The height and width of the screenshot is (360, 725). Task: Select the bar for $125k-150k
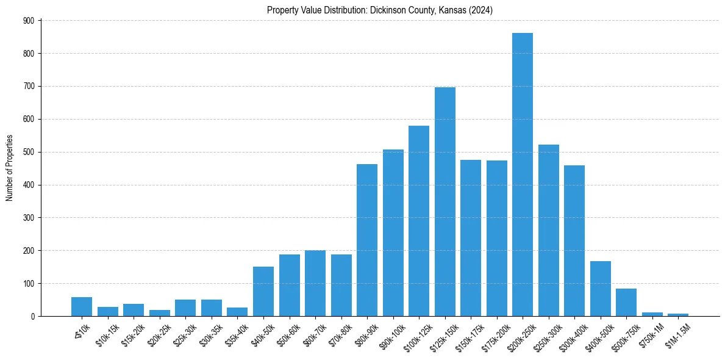tap(445, 201)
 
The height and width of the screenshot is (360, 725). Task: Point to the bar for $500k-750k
tap(626, 303)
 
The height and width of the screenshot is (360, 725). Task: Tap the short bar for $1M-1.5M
tap(678, 315)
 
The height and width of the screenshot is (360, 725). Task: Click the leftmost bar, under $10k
tap(81, 306)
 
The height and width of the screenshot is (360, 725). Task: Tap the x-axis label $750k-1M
tap(650, 334)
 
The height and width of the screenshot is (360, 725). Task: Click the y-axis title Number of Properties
tap(9, 168)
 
